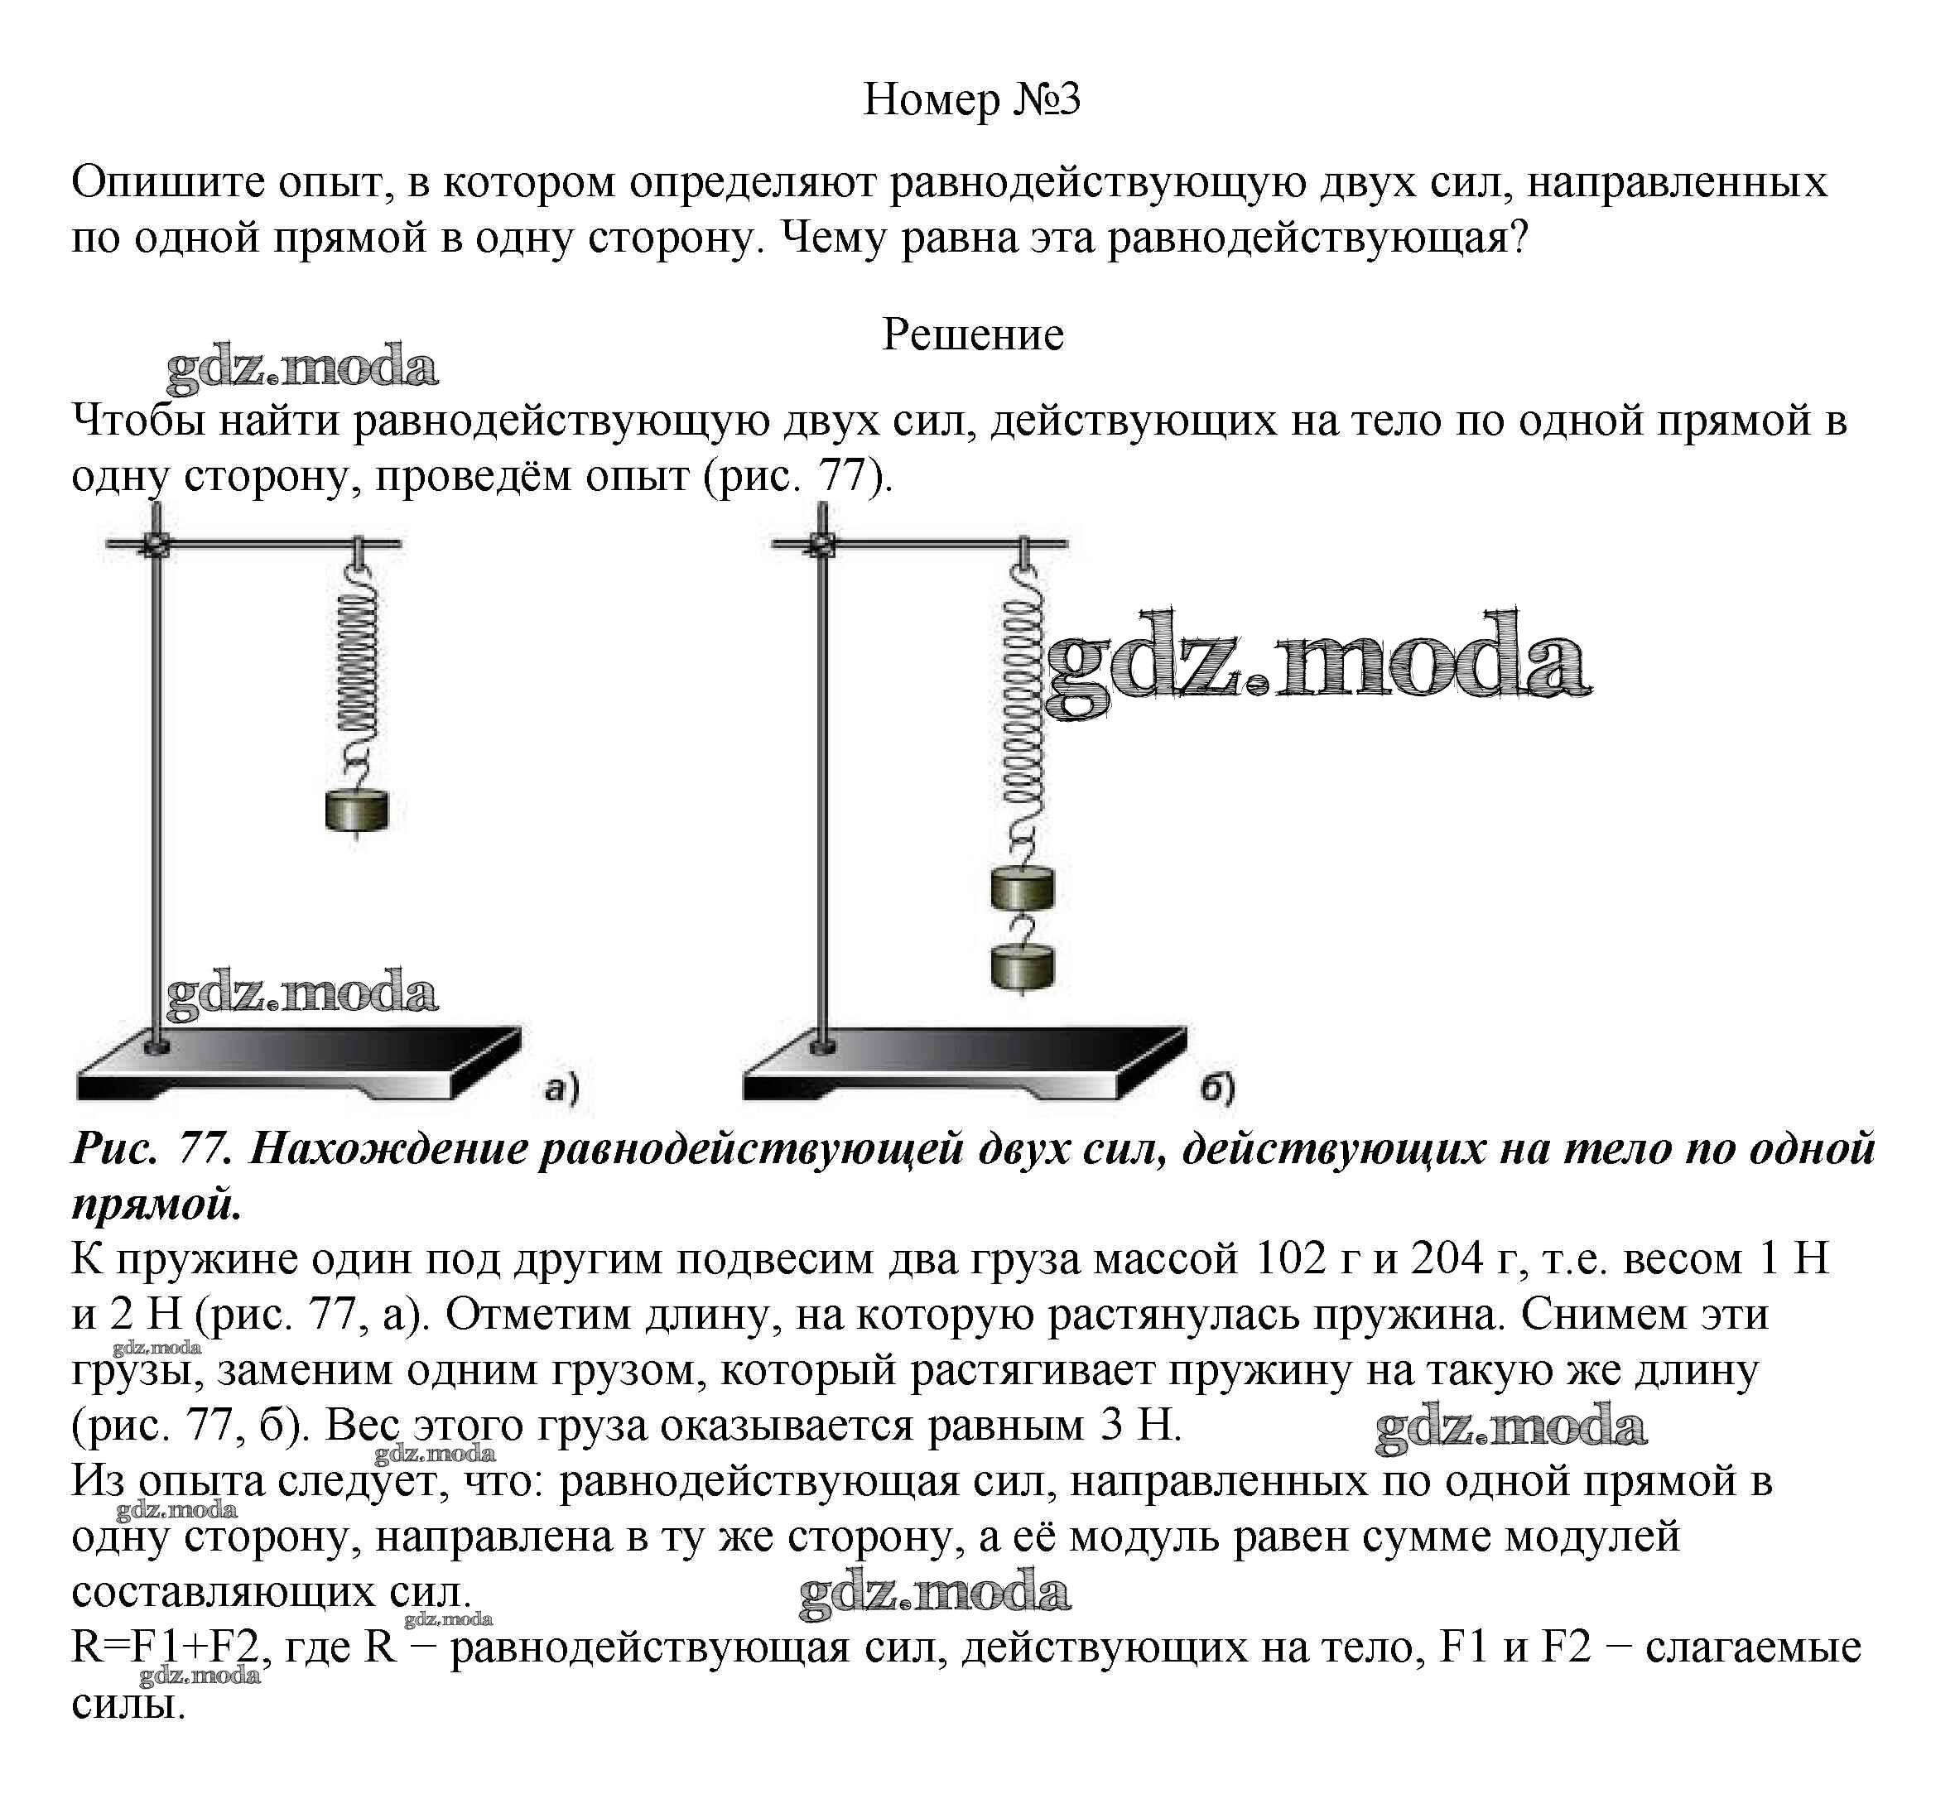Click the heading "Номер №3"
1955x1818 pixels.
(970, 99)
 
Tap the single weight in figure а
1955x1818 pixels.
(356, 810)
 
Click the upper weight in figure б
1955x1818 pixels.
(1022, 889)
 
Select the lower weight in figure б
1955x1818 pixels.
(1022, 965)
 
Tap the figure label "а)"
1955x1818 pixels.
(561, 1089)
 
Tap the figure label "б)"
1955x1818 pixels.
(1217, 1088)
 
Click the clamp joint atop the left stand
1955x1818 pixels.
(156, 544)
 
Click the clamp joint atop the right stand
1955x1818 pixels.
(822, 544)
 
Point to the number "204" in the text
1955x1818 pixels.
(1446, 1258)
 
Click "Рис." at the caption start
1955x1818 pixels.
(115, 1148)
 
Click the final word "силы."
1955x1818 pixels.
(129, 1703)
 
